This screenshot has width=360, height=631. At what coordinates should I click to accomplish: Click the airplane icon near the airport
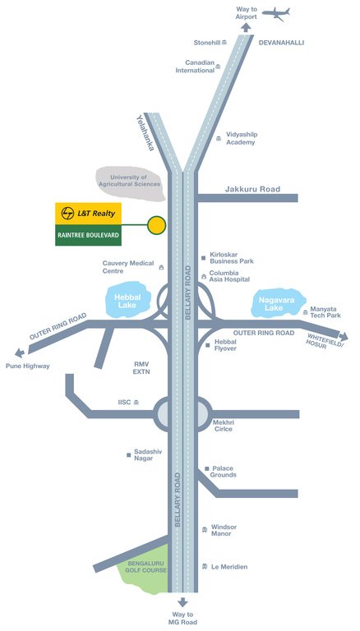(276, 14)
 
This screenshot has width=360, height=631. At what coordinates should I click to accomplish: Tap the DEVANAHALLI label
(281, 43)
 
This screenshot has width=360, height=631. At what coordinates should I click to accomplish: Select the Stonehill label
(207, 43)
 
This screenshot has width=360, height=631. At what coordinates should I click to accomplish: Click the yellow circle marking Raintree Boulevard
(156, 225)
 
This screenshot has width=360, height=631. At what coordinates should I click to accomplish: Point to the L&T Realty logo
(88, 214)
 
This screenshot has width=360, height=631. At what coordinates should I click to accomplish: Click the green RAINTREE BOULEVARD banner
(88, 235)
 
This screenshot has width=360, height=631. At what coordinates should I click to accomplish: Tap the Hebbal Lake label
(127, 301)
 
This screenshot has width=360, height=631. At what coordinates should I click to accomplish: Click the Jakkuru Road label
(252, 189)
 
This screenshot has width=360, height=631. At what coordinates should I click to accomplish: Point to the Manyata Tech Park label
(325, 312)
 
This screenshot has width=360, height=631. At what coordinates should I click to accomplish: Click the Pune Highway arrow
(20, 353)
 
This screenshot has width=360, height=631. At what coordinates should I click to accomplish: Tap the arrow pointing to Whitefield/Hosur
(343, 336)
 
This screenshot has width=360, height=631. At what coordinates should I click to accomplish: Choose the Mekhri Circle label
(223, 426)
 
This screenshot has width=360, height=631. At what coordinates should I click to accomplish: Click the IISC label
(124, 402)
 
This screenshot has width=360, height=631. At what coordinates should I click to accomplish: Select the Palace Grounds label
(224, 472)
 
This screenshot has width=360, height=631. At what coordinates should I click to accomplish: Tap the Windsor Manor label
(224, 530)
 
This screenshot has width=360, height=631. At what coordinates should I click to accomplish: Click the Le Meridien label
(229, 567)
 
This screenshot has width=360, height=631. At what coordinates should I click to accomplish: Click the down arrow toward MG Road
(182, 602)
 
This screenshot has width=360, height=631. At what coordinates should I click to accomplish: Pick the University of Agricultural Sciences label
(130, 181)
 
